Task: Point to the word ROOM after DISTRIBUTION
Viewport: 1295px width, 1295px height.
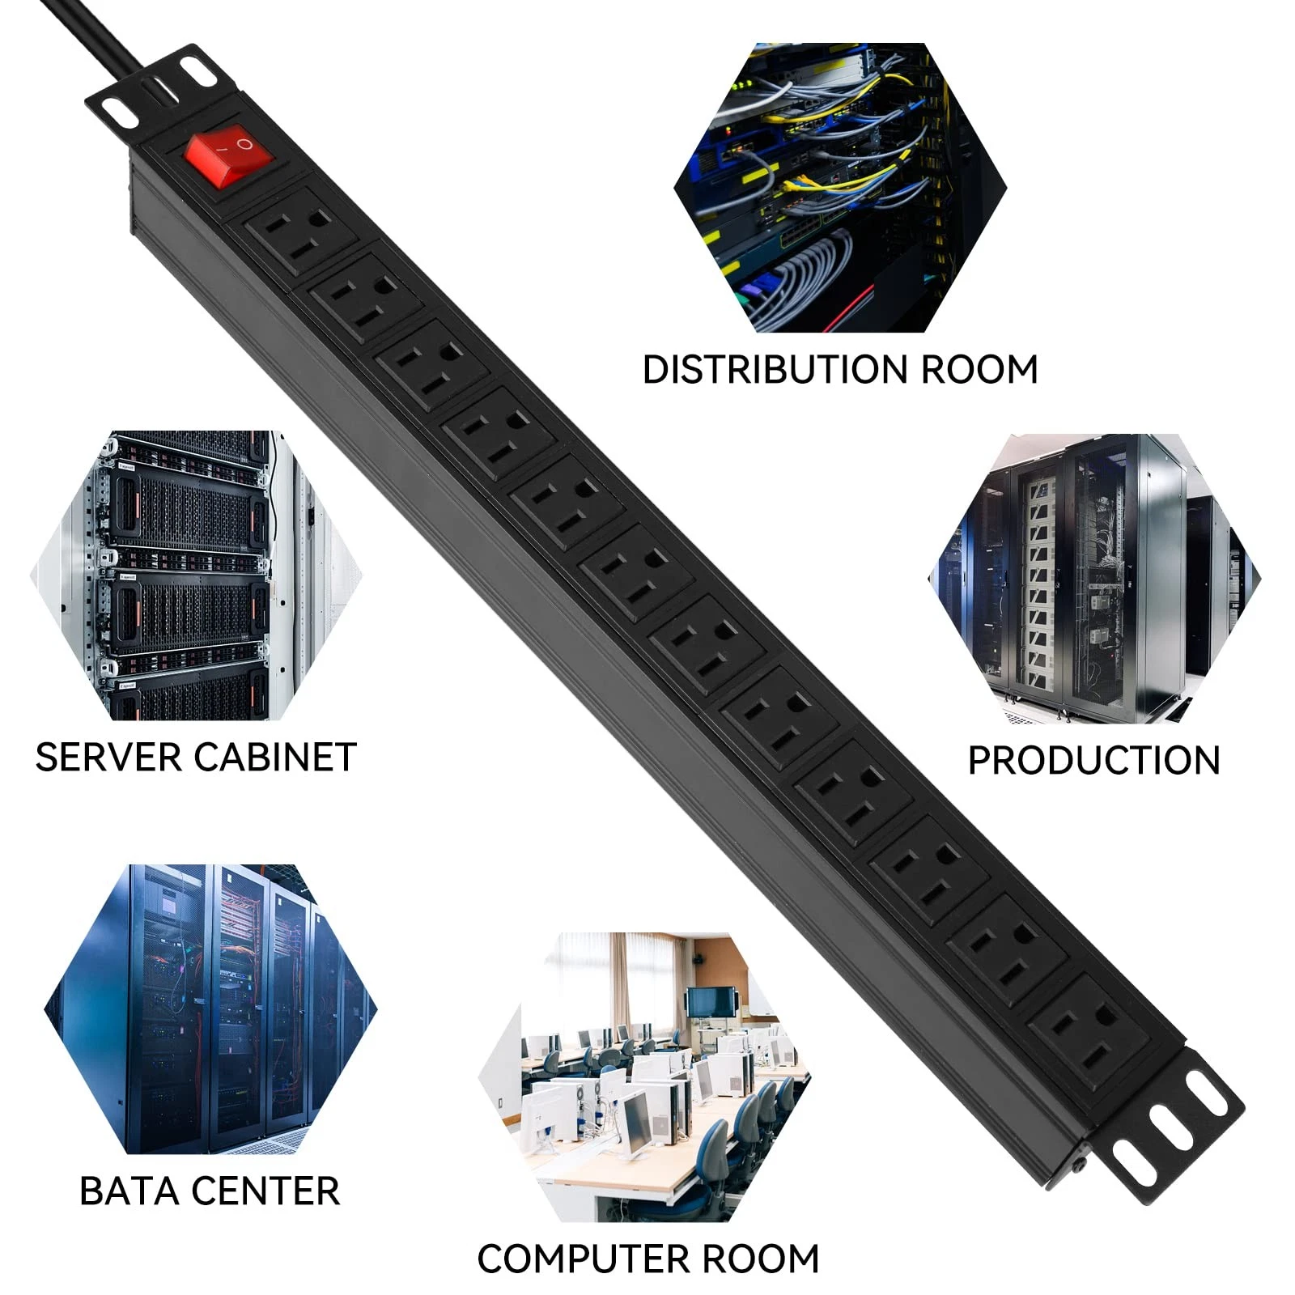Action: [x=979, y=370]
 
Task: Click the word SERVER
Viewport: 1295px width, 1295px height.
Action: [x=108, y=758]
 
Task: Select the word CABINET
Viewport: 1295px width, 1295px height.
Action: [x=275, y=758]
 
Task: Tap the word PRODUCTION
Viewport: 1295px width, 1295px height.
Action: [x=1093, y=761]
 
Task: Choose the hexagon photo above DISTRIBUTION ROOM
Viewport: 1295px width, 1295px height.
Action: [x=840, y=188]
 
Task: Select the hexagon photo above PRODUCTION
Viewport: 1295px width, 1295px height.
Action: [x=1093, y=579]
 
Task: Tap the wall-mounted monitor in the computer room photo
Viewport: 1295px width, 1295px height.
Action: [x=711, y=1002]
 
